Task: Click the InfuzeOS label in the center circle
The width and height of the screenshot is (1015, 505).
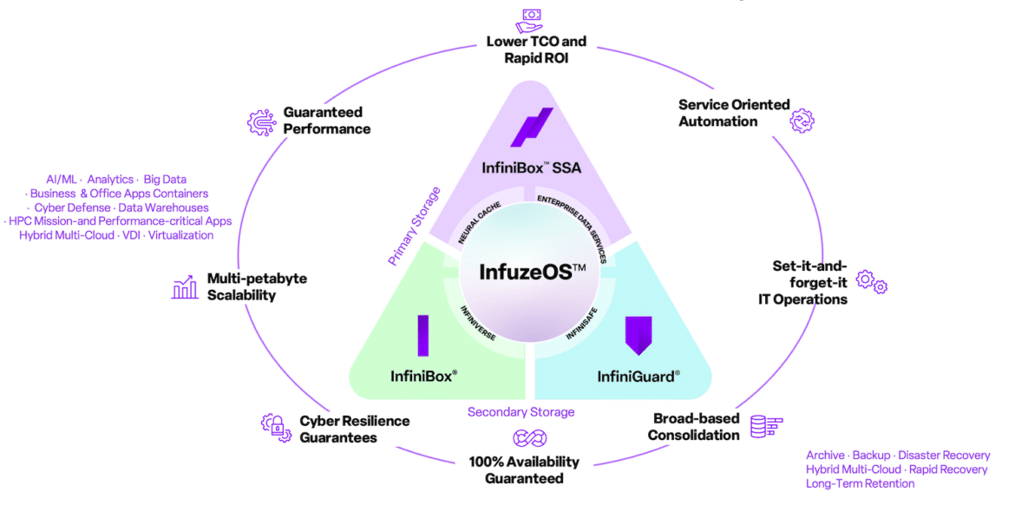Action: (x=532, y=272)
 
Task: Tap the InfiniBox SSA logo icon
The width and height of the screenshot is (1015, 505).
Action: (x=532, y=128)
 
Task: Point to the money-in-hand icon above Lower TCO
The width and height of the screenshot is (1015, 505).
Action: (x=528, y=19)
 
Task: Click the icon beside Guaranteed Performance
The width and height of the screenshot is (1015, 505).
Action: (x=261, y=121)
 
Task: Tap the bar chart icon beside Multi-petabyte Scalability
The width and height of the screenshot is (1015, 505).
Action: (x=185, y=287)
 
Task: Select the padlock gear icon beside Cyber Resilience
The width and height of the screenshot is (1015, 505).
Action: (x=274, y=427)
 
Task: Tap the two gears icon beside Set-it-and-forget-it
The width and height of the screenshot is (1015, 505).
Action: (x=871, y=282)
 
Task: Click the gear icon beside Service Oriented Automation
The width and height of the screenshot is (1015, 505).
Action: (x=802, y=120)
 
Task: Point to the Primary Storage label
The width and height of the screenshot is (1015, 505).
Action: (x=415, y=226)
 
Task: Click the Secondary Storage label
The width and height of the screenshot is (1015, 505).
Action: (x=521, y=412)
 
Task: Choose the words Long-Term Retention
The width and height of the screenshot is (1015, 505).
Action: (x=861, y=483)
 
